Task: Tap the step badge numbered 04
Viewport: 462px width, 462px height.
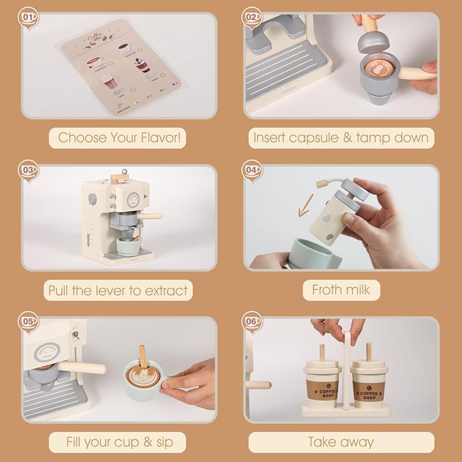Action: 251,170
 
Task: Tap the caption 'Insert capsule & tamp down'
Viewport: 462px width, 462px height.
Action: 341,138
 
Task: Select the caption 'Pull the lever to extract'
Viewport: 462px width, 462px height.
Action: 118,290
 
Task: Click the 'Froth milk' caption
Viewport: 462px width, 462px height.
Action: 341,290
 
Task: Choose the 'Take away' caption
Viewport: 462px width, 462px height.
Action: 341,443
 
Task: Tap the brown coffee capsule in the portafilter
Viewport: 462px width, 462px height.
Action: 381,68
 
